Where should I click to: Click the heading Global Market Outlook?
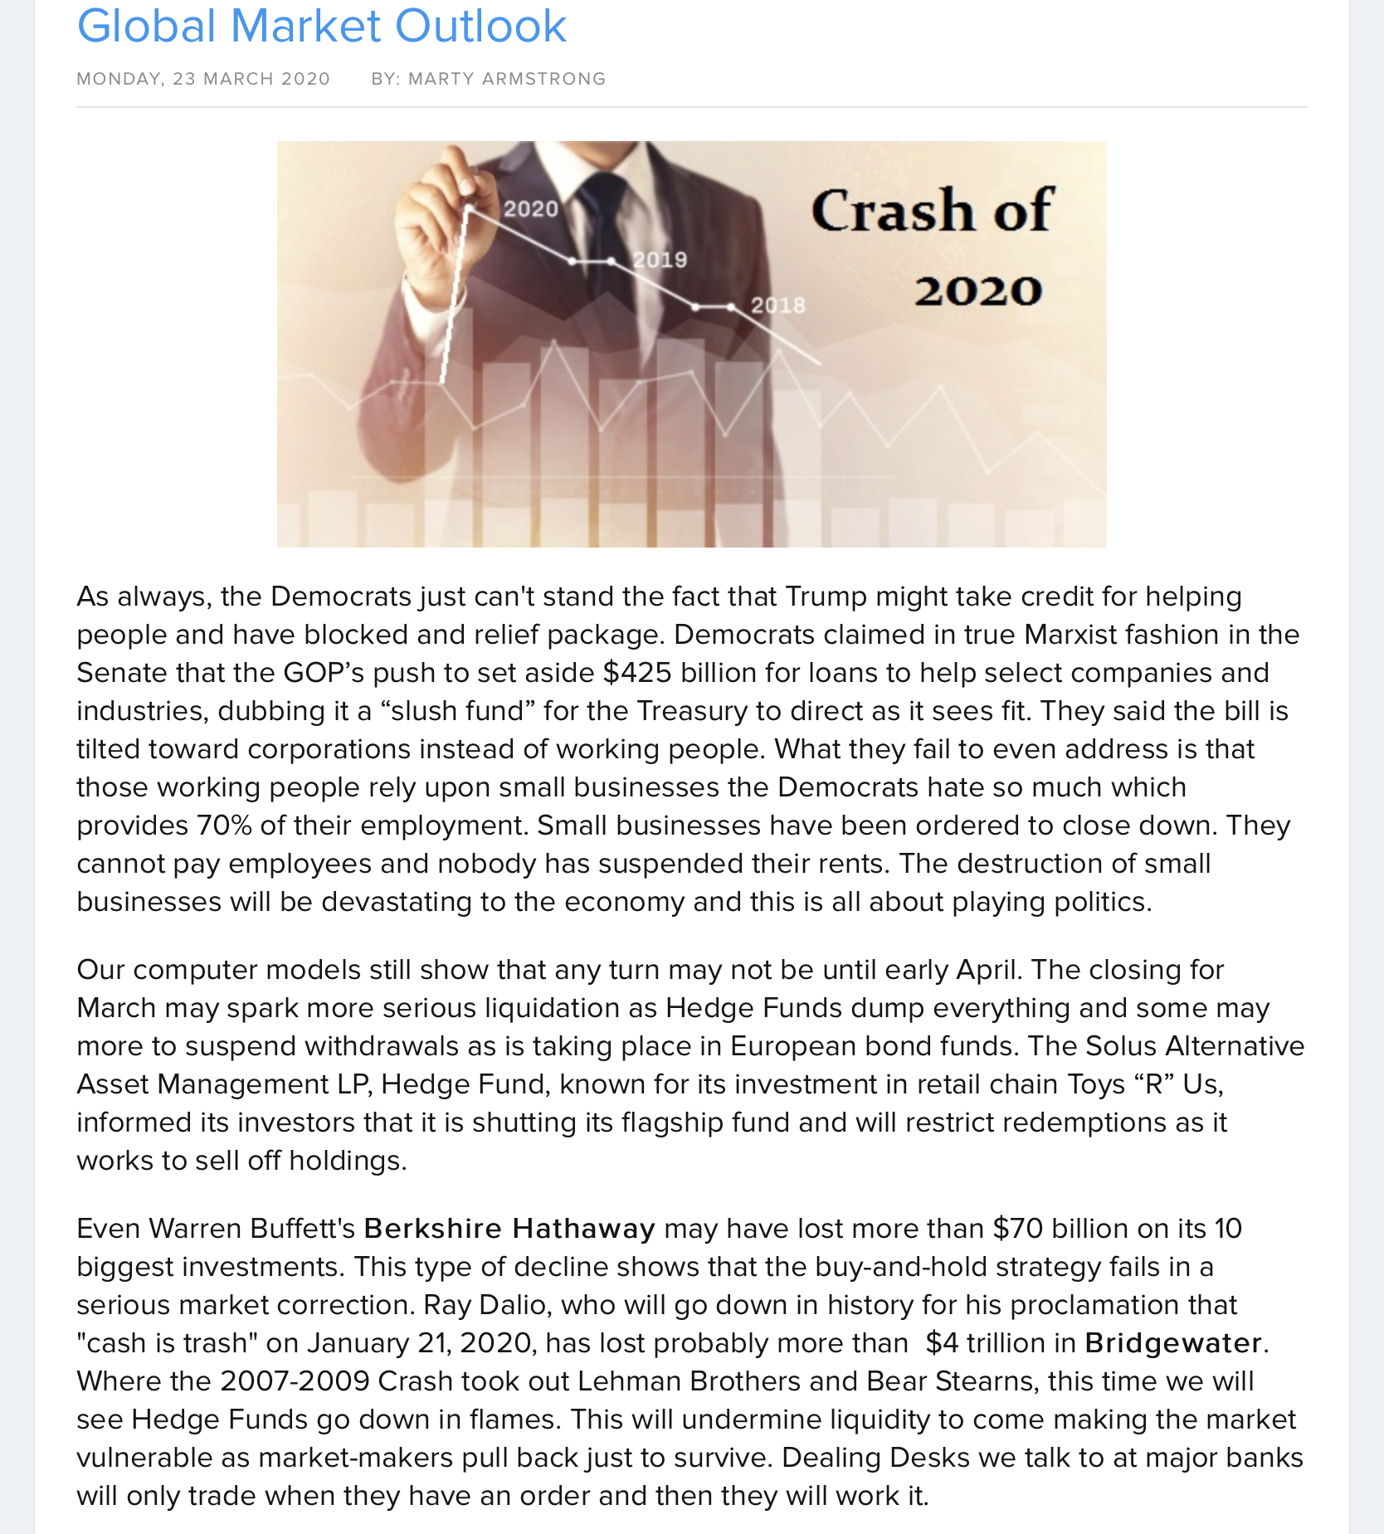(x=321, y=27)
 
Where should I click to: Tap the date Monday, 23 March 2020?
(x=203, y=79)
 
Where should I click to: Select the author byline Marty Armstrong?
(x=507, y=79)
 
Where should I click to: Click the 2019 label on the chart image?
(x=660, y=260)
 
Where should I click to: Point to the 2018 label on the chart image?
(x=777, y=305)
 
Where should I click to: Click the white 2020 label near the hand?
(x=531, y=208)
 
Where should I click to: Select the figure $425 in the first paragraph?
(x=636, y=672)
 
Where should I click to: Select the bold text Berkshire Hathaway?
(x=509, y=1228)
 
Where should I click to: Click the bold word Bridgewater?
(x=1172, y=1342)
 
